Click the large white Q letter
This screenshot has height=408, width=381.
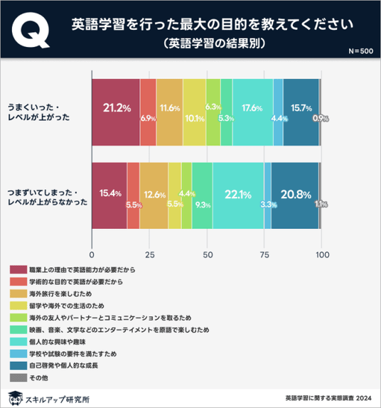point(30,30)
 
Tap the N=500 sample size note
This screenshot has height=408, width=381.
point(361,51)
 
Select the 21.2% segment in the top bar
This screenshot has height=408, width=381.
point(116,112)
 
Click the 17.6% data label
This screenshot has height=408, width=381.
point(252,108)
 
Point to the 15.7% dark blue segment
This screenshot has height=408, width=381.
point(301,112)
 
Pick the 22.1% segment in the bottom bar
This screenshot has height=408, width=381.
point(238,195)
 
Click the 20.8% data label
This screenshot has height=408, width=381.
point(296,195)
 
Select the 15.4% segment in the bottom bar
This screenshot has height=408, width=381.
point(109,195)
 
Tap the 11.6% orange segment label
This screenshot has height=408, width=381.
point(170,108)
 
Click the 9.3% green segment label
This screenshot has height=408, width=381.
point(203,205)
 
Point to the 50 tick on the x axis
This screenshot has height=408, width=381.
point(208,254)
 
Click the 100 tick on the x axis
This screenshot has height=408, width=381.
point(323,254)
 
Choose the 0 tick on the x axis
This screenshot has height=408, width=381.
point(92,254)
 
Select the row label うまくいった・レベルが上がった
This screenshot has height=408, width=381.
point(38,112)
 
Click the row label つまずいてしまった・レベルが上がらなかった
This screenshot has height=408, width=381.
point(48,197)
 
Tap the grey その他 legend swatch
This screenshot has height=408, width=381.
point(18,378)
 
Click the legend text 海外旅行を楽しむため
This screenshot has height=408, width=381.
point(60,294)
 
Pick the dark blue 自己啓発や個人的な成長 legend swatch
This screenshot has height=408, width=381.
point(18,365)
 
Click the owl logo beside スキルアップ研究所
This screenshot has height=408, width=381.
point(16,398)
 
